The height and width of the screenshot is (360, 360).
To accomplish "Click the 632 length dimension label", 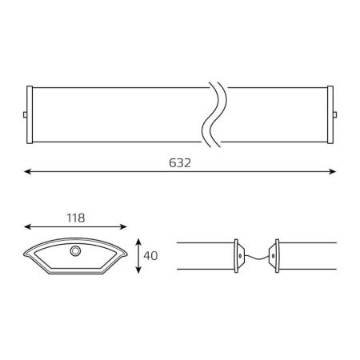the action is tap(180, 163).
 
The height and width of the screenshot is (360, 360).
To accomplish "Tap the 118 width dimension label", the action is tap(76, 218).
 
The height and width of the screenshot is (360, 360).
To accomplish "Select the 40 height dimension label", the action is tap(150, 256).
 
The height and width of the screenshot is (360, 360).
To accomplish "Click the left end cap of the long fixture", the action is tap(30, 114).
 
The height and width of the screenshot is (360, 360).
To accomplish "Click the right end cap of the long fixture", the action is tap(330, 114).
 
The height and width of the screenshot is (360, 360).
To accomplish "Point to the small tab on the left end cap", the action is tap(25, 114).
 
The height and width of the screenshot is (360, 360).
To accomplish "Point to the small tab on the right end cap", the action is tap(335, 114).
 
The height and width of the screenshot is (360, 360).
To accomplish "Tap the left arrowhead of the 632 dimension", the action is tap(27, 171).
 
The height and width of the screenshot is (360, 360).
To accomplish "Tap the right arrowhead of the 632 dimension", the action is tap(333, 171).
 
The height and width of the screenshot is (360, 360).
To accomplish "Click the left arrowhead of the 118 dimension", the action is tap(27, 227).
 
